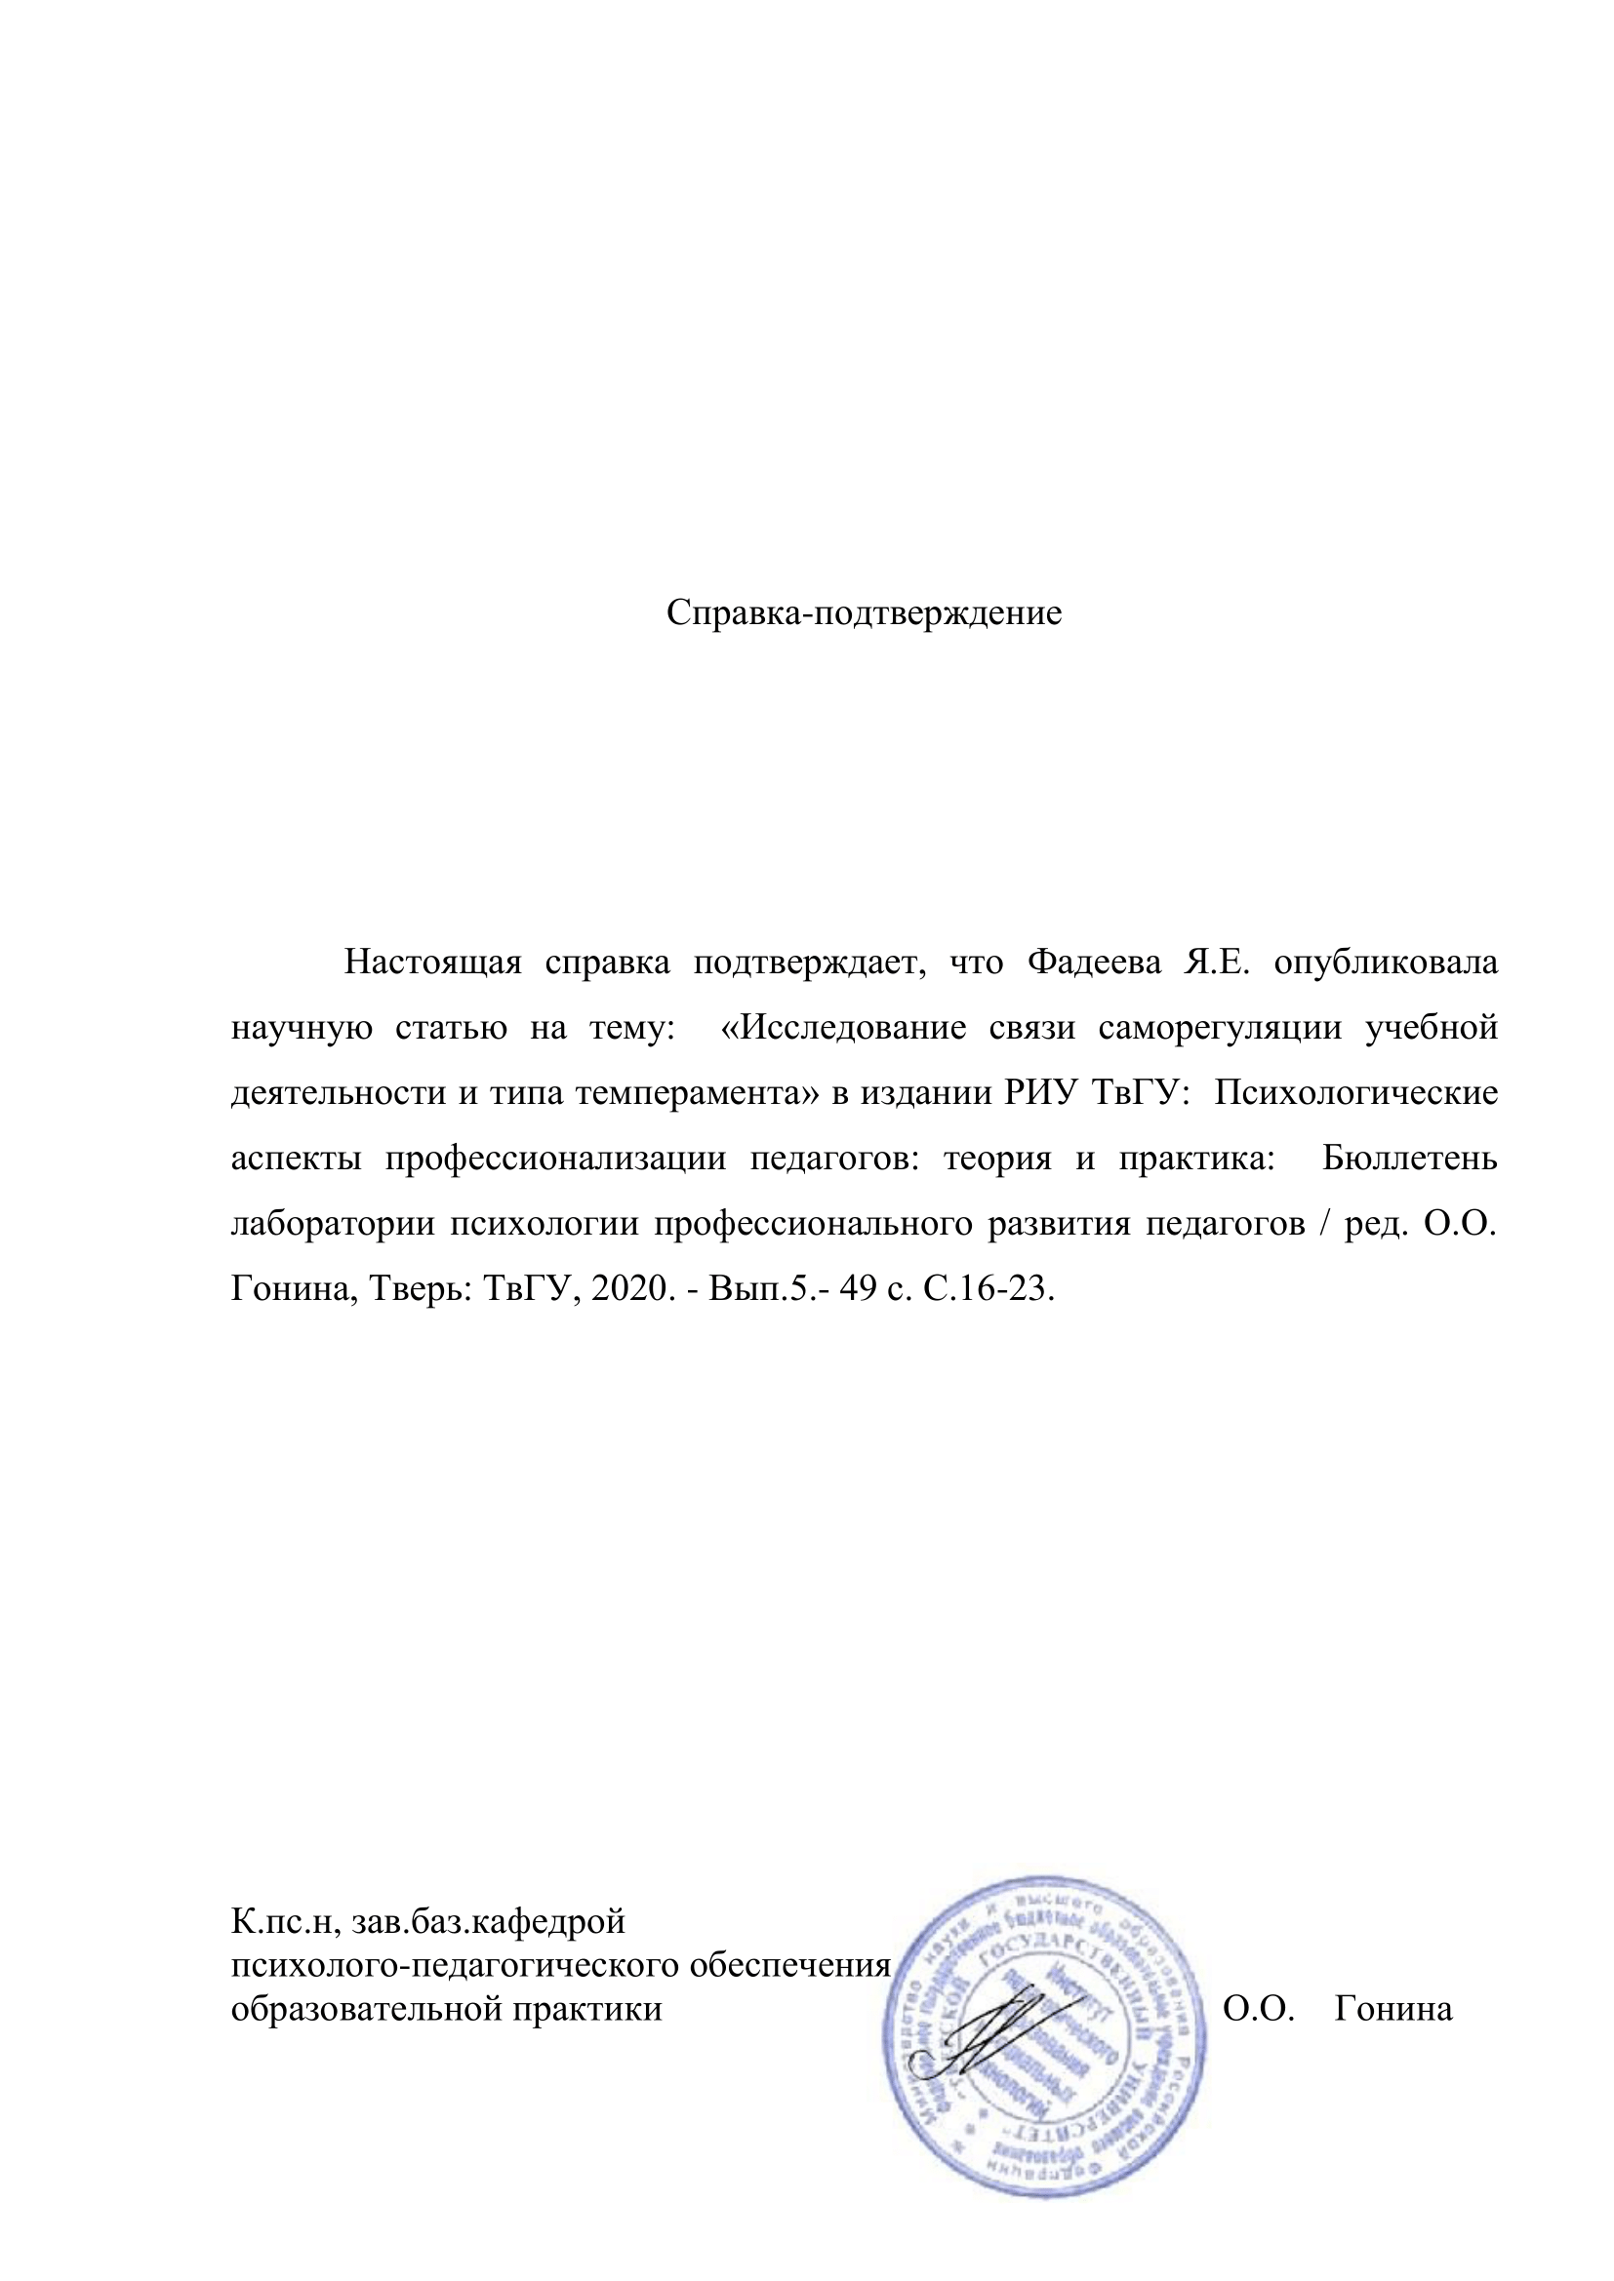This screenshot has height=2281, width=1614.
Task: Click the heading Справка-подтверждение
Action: (864, 613)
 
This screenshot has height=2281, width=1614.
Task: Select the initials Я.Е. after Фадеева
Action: (1215, 963)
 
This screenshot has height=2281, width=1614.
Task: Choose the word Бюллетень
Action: (1408, 1159)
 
